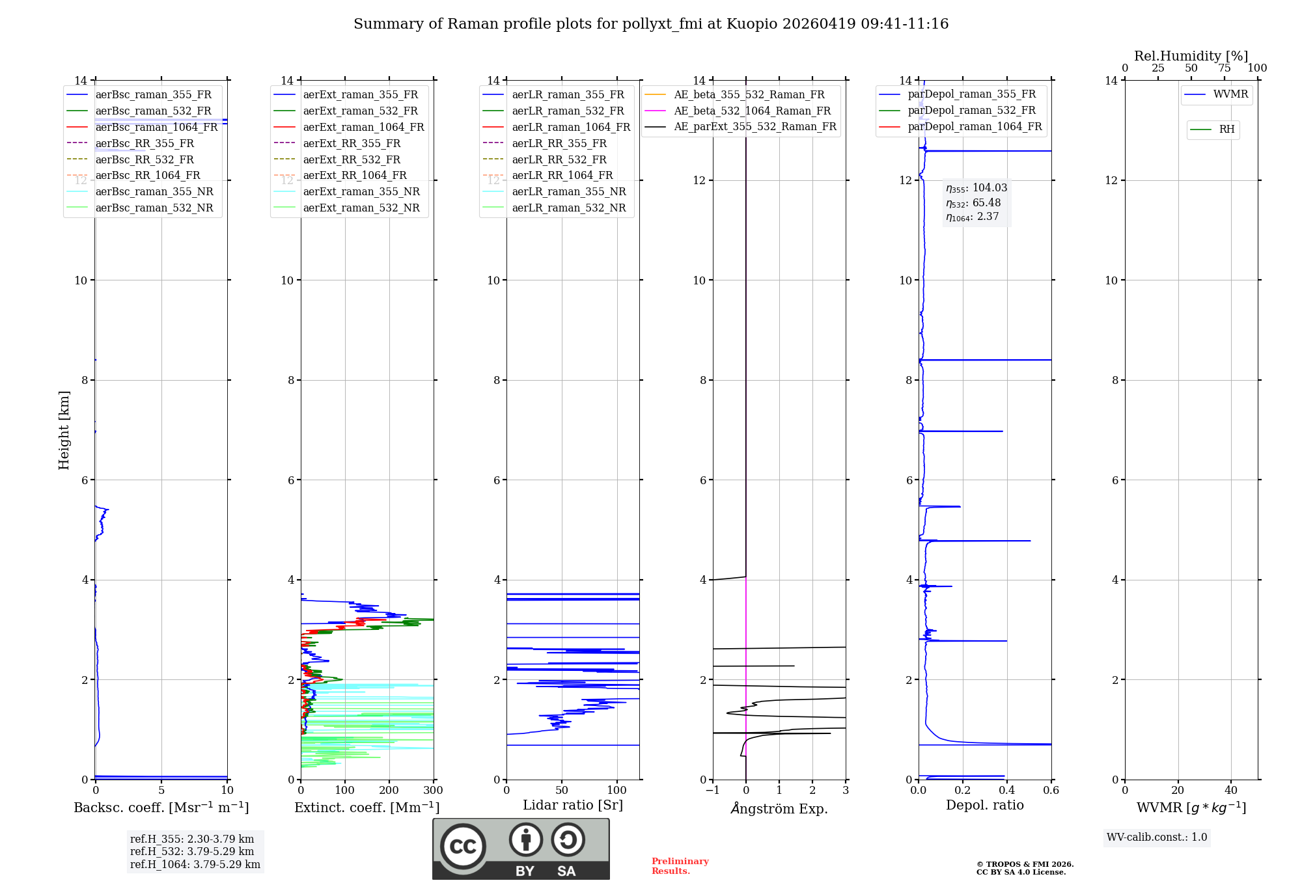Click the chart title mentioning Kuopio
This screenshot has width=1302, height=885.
pyautogui.click(x=651, y=24)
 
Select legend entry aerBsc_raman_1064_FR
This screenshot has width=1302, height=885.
pyautogui.click(x=156, y=128)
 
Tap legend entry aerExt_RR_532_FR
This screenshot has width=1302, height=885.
pyautogui.click(x=352, y=159)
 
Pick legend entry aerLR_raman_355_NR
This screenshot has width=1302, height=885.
pyautogui.click(x=568, y=191)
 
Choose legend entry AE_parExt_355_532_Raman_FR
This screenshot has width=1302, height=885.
pyautogui.click(x=755, y=126)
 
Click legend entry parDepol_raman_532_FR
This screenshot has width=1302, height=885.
pyautogui.click(x=971, y=111)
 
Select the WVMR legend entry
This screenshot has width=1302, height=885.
pyautogui.click(x=1230, y=94)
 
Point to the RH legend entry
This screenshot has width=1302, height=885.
pyautogui.click(x=1226, y=129)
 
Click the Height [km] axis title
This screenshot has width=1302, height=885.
pyautogui.click(x=64, y=429)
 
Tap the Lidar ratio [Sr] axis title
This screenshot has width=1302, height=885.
pyautogui.click(x=573, y=805)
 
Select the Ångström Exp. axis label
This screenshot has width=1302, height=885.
pyautogui.click(x=779, y=809)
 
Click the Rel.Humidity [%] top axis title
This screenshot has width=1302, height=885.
pyautogui.click(x=1191, y=56)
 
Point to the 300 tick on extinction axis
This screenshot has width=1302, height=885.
pyautogui.click(x=433, y=791)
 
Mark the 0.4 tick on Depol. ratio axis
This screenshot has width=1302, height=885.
pyautogui.click(x=1007, y=791)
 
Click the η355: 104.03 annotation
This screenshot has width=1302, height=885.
pyautogui.click(x=976, y=188)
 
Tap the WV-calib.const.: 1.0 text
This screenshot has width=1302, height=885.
pyautogui.click(x=1157, y=837)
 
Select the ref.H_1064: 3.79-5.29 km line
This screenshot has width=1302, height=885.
pyautogui.click(x=195, y=865)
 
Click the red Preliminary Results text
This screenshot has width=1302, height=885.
pyautogui.click(x=680, y=866)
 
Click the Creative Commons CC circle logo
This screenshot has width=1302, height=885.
pyautogui.click(x=463, y=847)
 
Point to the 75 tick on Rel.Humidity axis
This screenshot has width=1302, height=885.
pyautogui.click(x=1224, y=68)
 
